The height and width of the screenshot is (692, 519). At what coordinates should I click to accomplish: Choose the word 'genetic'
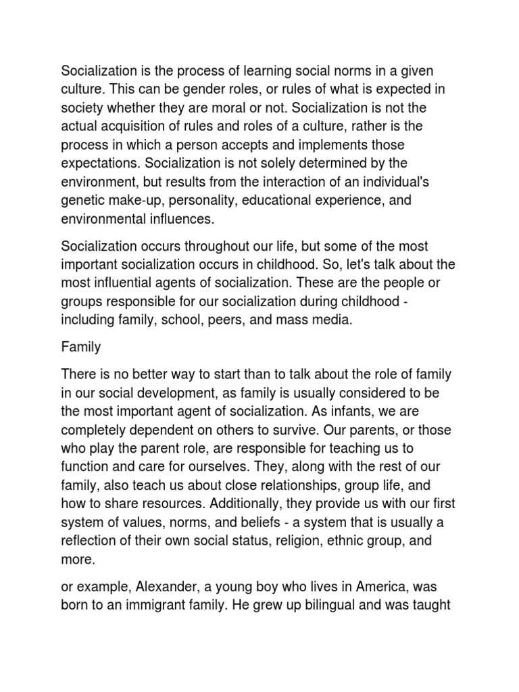pyautogui.click(x=82, y=201)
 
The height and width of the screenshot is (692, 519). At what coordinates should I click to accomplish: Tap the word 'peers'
pyautogui.click(x=227, y=320)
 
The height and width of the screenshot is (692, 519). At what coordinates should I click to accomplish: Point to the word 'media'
pyautogui.click(x=334, y=320)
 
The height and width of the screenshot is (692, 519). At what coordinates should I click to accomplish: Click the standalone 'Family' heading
pyautogui.click(x=81, y=347)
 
